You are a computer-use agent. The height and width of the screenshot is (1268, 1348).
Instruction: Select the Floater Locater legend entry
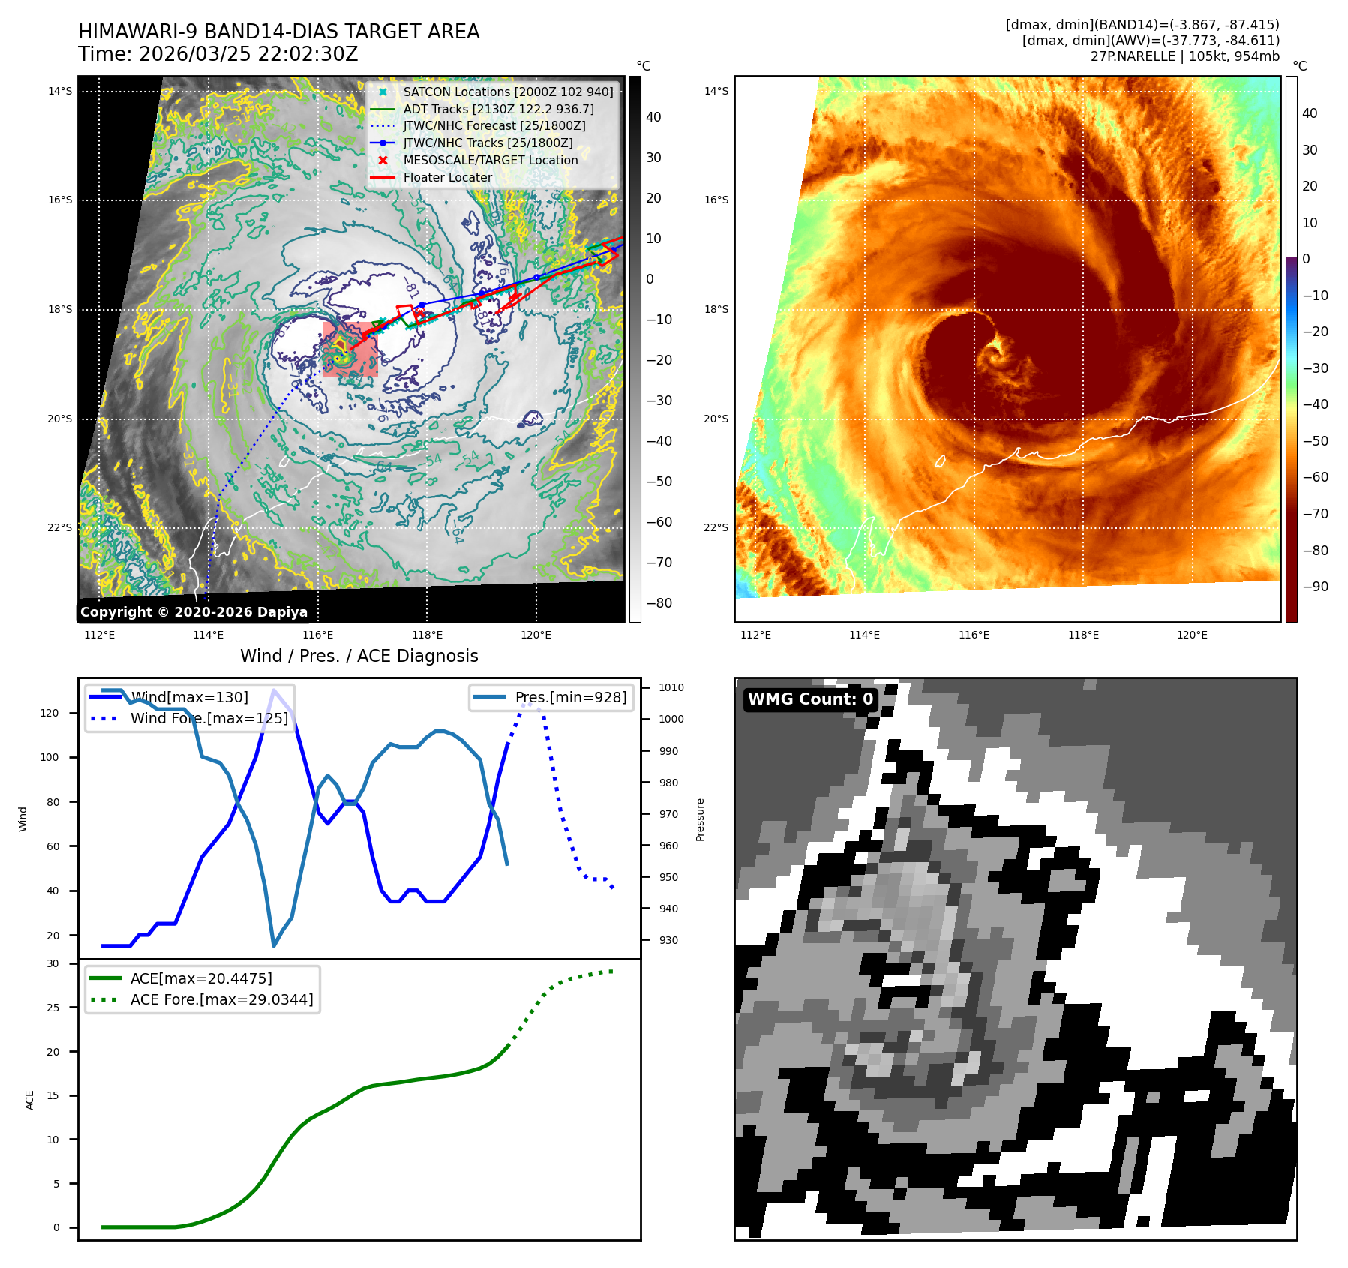[448, 178]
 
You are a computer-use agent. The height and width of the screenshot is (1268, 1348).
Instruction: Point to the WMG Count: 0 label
[810, 699]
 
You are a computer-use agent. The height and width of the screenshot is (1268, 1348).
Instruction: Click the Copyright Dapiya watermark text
[194, 612]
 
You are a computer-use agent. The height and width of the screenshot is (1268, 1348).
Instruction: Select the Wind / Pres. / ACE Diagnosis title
[359, 656]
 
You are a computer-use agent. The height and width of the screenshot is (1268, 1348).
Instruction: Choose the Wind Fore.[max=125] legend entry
[209, 718]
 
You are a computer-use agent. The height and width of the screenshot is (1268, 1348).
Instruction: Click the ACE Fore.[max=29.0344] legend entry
[221, 999]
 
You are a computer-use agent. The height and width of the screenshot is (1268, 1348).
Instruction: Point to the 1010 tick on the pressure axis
[671, 687]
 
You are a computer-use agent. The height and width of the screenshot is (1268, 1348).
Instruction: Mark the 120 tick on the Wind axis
[50, 713]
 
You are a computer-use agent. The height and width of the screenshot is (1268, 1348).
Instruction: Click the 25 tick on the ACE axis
[53, 1008]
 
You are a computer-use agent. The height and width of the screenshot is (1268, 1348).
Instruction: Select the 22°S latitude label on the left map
[60, 528]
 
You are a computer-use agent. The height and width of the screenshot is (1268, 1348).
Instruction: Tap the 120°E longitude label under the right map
[1192, 636]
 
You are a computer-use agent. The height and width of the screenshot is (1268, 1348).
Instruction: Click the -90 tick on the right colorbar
[1315, 587]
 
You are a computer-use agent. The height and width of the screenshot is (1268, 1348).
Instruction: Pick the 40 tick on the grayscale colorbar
[653, 117]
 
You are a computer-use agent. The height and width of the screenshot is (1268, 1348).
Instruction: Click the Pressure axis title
[700, 819]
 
